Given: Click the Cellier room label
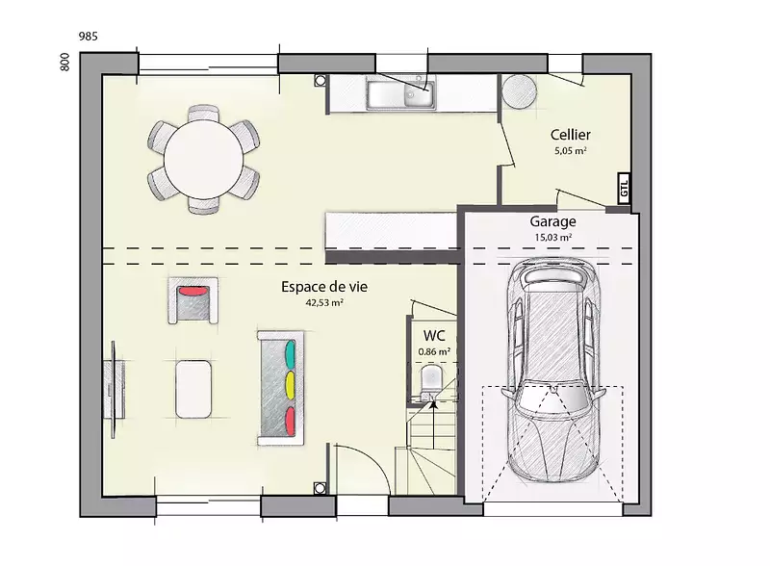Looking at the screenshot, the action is point(570,135).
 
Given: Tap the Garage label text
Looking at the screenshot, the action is point(552,221).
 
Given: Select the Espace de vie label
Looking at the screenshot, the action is point(324,287).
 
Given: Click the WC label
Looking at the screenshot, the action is point(434,336).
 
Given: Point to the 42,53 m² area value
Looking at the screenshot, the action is point(324,302).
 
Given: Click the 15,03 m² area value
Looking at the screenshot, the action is point(552,238).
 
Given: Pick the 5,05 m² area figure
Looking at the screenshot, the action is point(570,151).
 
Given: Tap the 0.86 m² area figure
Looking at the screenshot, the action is point(434,351).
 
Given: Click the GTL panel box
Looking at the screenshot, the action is point(624,188).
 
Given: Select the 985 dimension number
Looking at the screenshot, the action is point(88,37).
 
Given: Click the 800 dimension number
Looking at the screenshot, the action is point(64,63).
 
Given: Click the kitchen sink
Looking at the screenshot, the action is point(400,95).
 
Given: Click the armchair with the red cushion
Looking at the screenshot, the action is point(193,300).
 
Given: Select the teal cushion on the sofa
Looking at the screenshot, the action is point(291,354).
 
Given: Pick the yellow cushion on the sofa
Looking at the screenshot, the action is point(290,385).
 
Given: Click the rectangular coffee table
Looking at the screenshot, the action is point(193,389).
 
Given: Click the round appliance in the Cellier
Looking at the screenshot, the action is point(519,91).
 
